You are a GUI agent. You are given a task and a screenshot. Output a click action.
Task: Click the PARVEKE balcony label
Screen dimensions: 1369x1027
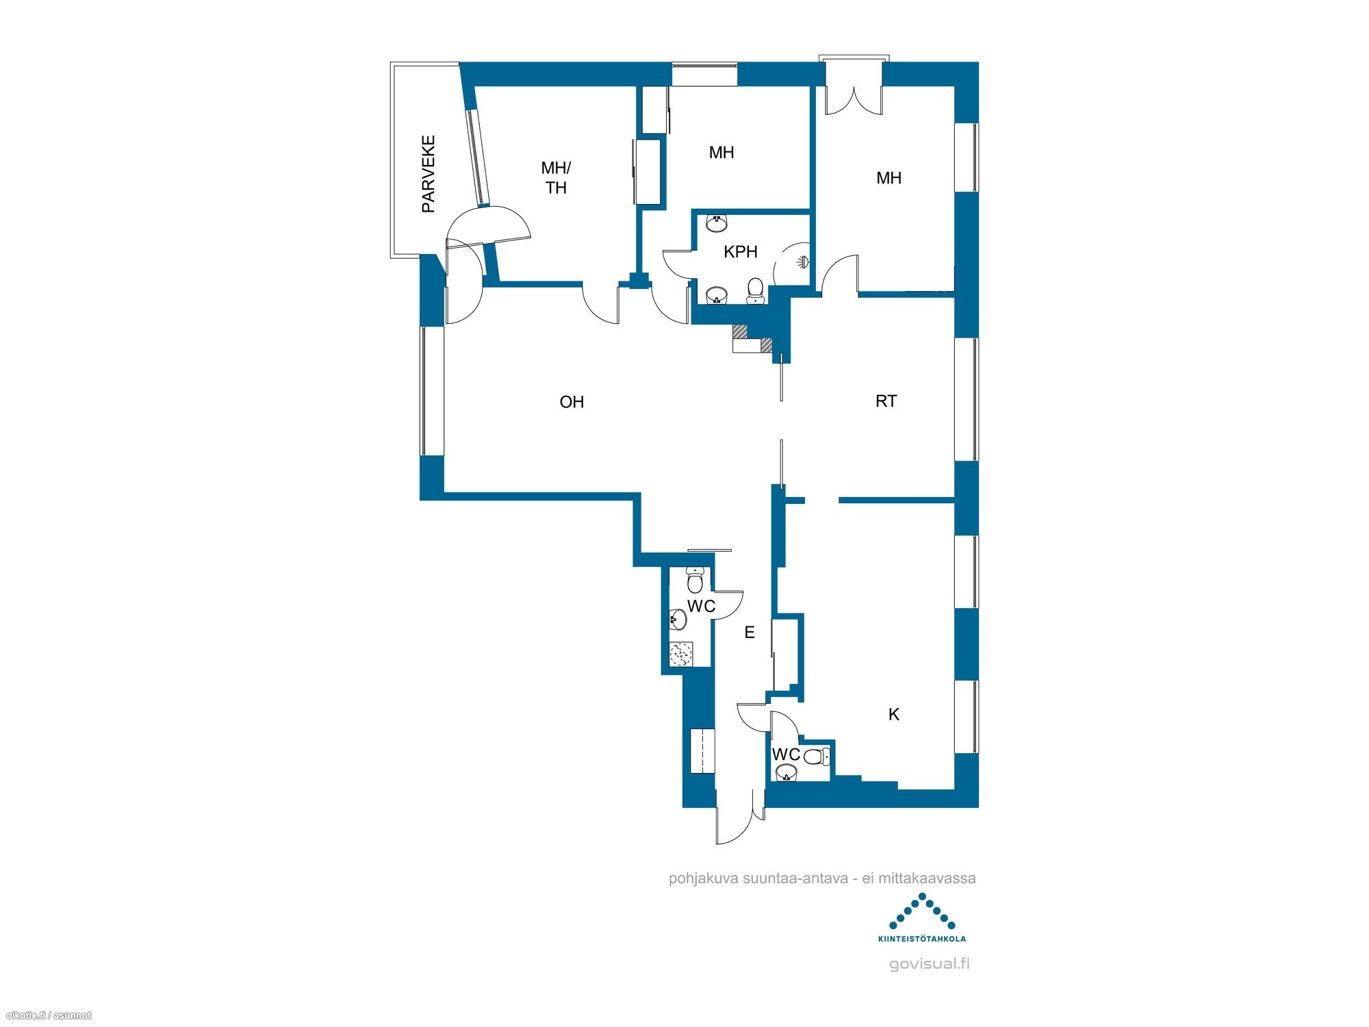tap(428, 174)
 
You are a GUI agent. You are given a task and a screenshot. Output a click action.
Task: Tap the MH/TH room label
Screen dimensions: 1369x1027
tap(556, 177)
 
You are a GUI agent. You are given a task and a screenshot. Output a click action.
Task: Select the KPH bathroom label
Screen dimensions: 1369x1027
tap(740, 252)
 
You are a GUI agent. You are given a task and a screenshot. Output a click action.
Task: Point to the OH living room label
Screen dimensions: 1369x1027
tap(572, 402)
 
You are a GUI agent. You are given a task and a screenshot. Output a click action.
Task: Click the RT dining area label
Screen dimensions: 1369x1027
tap(886, 401)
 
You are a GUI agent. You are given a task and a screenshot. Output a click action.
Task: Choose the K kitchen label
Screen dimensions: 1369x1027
tap(893, 715)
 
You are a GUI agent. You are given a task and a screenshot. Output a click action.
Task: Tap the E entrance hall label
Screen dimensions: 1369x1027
tap(750, 633)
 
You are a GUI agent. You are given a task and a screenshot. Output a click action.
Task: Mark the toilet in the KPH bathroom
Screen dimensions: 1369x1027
tap(755, 290)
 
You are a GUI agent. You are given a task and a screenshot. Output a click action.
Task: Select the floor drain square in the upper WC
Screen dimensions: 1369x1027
tap(681, 654)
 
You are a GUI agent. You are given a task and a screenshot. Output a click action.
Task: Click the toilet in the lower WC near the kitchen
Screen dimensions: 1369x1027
tap(816, 757)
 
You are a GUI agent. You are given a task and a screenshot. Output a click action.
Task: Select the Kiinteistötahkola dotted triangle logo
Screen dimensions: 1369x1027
tap(922, 911)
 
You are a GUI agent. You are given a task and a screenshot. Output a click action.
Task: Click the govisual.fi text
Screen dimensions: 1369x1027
tap(929, 964)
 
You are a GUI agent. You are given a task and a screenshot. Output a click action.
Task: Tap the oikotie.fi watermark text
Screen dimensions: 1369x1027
tap(48, 1015)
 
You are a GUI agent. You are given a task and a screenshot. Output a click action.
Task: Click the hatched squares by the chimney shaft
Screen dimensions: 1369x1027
tap(752, 338)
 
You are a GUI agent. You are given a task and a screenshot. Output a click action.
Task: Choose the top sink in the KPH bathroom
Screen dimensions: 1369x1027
tap(717, 223)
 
